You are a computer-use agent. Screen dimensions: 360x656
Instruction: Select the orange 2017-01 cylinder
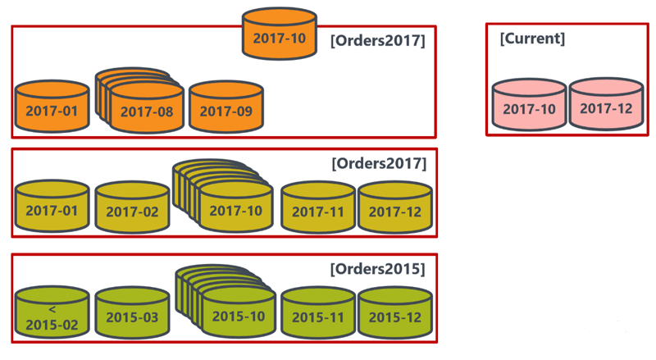point(52,107)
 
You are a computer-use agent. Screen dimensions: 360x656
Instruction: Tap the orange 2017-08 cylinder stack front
point(146,109)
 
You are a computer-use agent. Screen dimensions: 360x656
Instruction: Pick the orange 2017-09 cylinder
point(225,107)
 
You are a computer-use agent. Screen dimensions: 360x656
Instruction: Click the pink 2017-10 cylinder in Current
point(529,106)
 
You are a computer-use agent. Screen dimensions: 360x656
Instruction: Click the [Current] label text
point(532,38)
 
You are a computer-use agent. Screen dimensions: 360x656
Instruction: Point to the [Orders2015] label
point(377,268)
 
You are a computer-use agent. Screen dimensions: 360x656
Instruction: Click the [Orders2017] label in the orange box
point(377,39)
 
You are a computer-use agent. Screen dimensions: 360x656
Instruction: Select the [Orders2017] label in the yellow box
point(378,163)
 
